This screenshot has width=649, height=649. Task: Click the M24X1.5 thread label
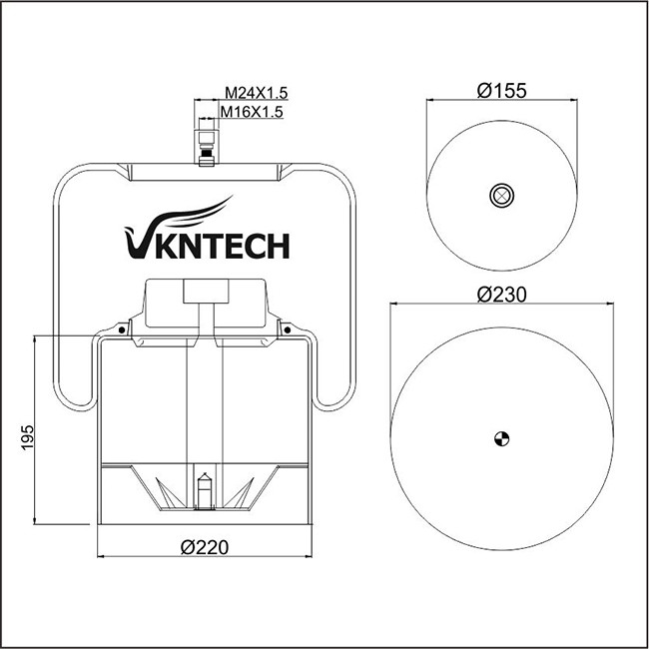pos(256,93)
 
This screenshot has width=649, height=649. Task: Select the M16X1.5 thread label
pos(252,112)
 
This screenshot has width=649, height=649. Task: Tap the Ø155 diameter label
pos(501,91)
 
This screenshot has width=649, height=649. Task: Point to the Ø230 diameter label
pos(501,295)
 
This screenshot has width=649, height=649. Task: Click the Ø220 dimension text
pos(205,547)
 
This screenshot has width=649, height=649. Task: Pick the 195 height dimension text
pos(27,437)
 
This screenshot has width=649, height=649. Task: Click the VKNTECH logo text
pos(207,247)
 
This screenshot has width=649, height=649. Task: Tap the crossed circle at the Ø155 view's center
pos(501,196)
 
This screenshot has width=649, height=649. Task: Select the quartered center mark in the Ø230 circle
pos(501,438)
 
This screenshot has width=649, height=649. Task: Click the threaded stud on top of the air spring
pos(206,148)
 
